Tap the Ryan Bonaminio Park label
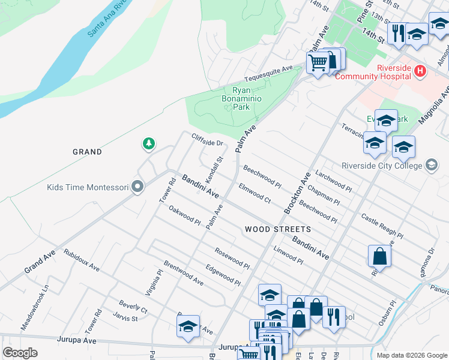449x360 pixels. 241,98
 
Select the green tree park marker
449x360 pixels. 148,144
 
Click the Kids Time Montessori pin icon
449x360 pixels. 137,188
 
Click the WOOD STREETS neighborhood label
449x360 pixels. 278,229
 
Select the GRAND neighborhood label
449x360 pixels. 87,152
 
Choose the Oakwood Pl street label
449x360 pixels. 184,215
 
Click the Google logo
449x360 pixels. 20,353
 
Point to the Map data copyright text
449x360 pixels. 411,355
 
